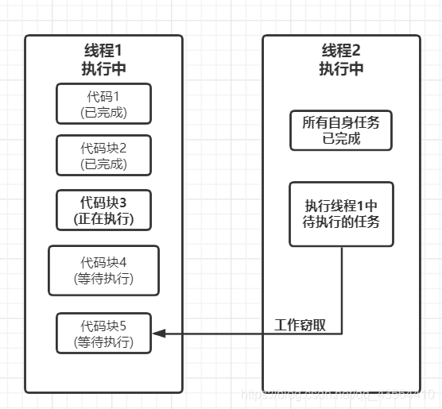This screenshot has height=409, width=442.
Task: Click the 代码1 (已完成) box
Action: pyautogui.click(x=104, y=104)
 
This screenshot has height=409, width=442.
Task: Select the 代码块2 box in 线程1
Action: pyautogui.click(x=104, y=155)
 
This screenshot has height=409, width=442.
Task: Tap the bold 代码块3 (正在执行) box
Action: pyautogui.click(x=104, y=208)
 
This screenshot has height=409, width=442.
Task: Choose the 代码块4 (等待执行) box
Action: pyautogui.click(x=104, y=270)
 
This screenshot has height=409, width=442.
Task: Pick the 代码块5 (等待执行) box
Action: pyautogui.click(x=104, y=334)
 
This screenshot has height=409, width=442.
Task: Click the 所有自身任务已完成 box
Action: pyautogui.click(x=342, y=131)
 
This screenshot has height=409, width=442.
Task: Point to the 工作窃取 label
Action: pyautogui.click(x=300, y=326)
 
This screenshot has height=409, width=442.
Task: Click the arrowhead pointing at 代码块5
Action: pyautogui.click(x=159, y=334)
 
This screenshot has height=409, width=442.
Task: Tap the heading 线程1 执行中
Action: pyautogui.click(x=104, y=59)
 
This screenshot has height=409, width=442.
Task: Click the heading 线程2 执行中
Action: pyautogui.click(x=342, y=59)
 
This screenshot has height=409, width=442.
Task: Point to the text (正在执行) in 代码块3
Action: pyautogui.click(x=104, y=217)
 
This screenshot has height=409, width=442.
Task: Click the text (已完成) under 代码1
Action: pyautogui.click(x=104, y=113)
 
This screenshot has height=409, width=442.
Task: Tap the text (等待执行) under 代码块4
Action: pyautogui.click(x=104, y=279)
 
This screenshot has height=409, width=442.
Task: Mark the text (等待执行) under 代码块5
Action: pyautogui.click(x=104, y=342)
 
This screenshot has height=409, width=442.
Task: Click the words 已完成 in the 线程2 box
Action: pyautogui.click(x=342, y=139)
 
